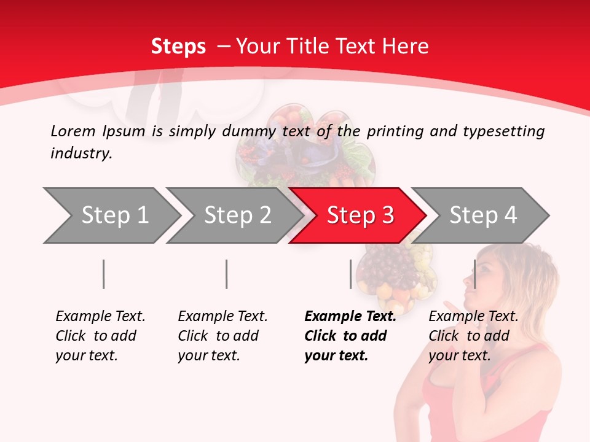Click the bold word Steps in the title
[178, 46]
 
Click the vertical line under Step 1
[104, 274]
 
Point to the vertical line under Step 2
[227, 274]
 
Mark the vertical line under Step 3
[351, 274]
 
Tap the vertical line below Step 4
[474, 274]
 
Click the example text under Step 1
[100, 336]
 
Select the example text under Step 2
[222, 336]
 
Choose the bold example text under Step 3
[350, 336]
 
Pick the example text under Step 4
[473, 336]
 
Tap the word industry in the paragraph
[81, 153]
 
